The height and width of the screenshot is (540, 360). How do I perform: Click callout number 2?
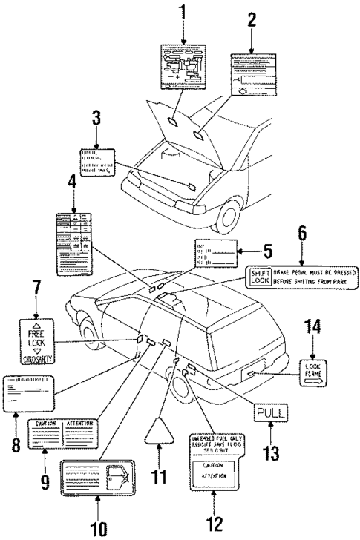252,20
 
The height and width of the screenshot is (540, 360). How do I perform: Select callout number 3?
96,119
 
